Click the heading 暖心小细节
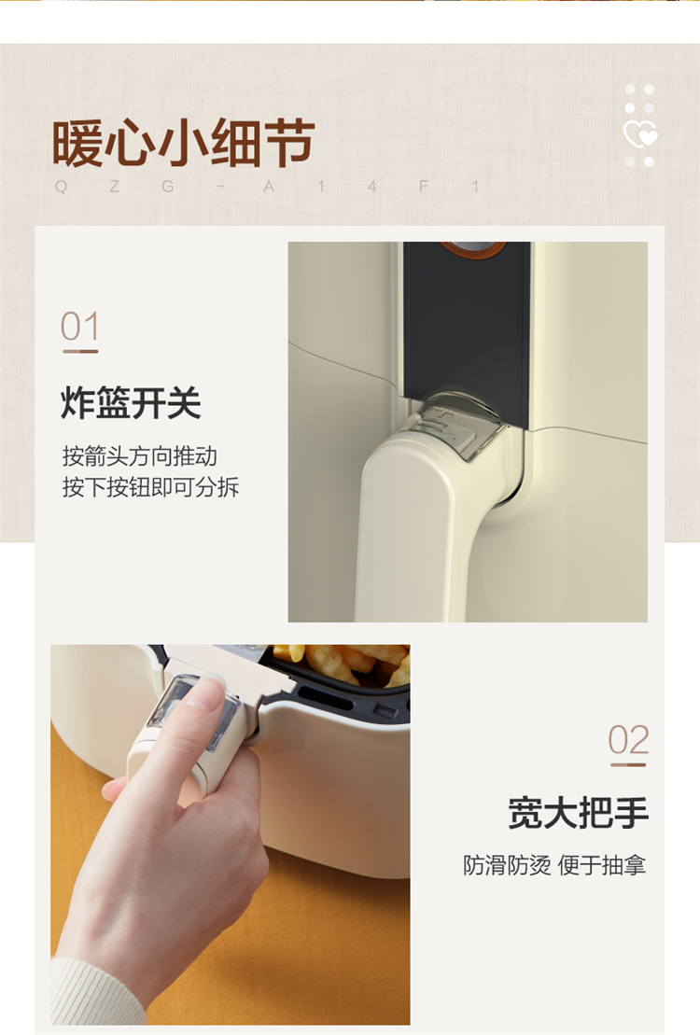click(183, 143)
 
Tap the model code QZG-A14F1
click(268, 187)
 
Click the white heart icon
click(640, 134)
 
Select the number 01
click(80, 326)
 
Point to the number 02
click(628, 739)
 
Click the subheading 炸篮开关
click(131, 402)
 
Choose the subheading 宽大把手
click(579, 813)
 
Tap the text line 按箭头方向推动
click(139, 456)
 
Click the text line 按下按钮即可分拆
click(150, 487)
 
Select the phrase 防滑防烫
click(507, 865)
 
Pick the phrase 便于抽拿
click(602, 865)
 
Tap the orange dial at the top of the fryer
click(473, 248)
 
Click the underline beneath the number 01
click(80, 351)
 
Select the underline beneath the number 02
click(628, 764)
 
